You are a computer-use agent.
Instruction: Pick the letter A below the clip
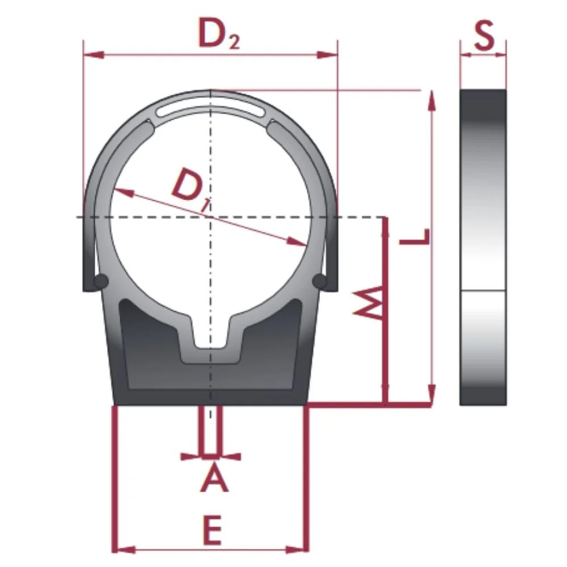[x=214, y=477]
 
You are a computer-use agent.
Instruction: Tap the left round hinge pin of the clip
[x=101, y=281]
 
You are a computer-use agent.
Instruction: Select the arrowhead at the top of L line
[x=433, y=102]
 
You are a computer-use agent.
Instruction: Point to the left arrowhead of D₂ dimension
[x=94, y=55]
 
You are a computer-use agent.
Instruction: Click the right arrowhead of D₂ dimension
[x=328, y=55]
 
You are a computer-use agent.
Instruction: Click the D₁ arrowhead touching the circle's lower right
[x=300, y=242]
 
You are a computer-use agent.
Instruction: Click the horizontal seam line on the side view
[x=483, y=291]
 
